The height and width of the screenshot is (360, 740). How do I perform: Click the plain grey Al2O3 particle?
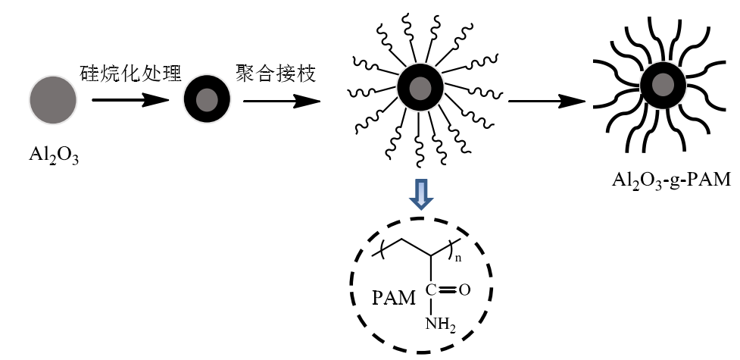click(52, 99)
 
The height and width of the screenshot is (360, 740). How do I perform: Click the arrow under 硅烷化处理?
click(130, 99)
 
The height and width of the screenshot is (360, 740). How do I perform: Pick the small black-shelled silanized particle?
click(206, 99)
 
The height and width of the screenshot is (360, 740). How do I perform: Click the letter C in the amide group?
click(429, 289)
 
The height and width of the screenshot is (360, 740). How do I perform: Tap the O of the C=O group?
click(464, 289)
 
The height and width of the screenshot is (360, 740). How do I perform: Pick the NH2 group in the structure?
click(439, 324)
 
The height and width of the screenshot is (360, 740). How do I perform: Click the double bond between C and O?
click(447, 289)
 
